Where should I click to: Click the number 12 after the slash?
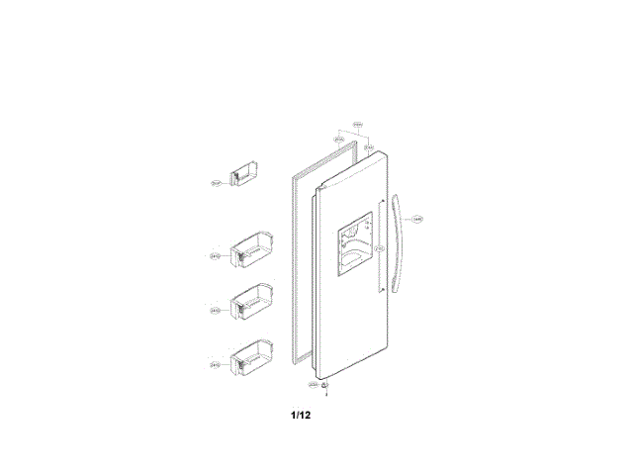click(x=306, y=415)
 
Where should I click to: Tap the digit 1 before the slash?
click(x=294, y=415)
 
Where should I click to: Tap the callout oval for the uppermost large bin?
click(x=215, y=256)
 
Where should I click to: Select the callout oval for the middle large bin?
click(x=215, y=311)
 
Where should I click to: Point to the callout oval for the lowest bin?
click(x=215, y=365)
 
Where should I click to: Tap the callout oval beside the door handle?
click(x=418, y=219)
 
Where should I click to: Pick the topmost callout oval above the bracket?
click(x=358, y=125)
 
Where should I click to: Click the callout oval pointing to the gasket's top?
click(x=339, y=140)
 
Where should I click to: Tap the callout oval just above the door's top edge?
click(x=368, y=147)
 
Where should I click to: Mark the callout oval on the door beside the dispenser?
click(x=379, y=247)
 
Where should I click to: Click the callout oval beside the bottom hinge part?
click(x=313, y=384)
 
